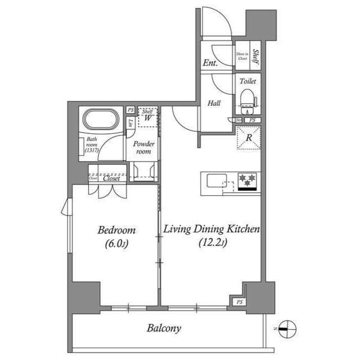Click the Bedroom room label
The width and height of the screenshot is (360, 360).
(116, 231)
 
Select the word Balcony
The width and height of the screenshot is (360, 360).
(164, 328)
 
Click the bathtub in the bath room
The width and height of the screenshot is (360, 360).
(101, 120)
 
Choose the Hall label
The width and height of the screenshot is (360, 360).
(213, 103)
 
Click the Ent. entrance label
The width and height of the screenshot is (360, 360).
(210, 64)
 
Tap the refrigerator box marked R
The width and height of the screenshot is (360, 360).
(248, 137)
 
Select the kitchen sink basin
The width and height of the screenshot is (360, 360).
(215, 181)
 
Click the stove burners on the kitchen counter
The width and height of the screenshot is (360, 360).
(247, 181)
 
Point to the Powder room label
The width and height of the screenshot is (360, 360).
(144, 147)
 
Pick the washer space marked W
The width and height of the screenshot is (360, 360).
(147, 118)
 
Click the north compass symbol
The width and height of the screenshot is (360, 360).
(287, 328)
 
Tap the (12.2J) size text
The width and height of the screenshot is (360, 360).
(212, 243)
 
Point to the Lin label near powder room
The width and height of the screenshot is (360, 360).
(130, 123)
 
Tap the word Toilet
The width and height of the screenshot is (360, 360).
(247, 81)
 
